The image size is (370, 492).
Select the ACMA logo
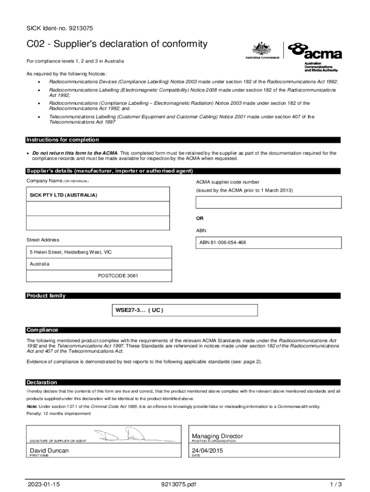coord(314,50)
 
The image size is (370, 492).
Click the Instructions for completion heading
coord(62,140)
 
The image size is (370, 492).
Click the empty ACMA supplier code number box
coord(268,202)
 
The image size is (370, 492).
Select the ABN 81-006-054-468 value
coord(222,243)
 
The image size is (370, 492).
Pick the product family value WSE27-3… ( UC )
coord(139,310)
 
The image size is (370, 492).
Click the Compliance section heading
coord(42,330)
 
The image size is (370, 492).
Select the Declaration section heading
coord(42,382)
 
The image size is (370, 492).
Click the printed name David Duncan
coord(49,451)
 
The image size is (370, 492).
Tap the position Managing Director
coord(217,436)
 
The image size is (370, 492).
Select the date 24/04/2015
coord(208,451)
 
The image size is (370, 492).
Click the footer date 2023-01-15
coord(44,483)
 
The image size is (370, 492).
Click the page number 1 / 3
coord(335,483)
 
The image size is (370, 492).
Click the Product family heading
coord(46,295)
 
